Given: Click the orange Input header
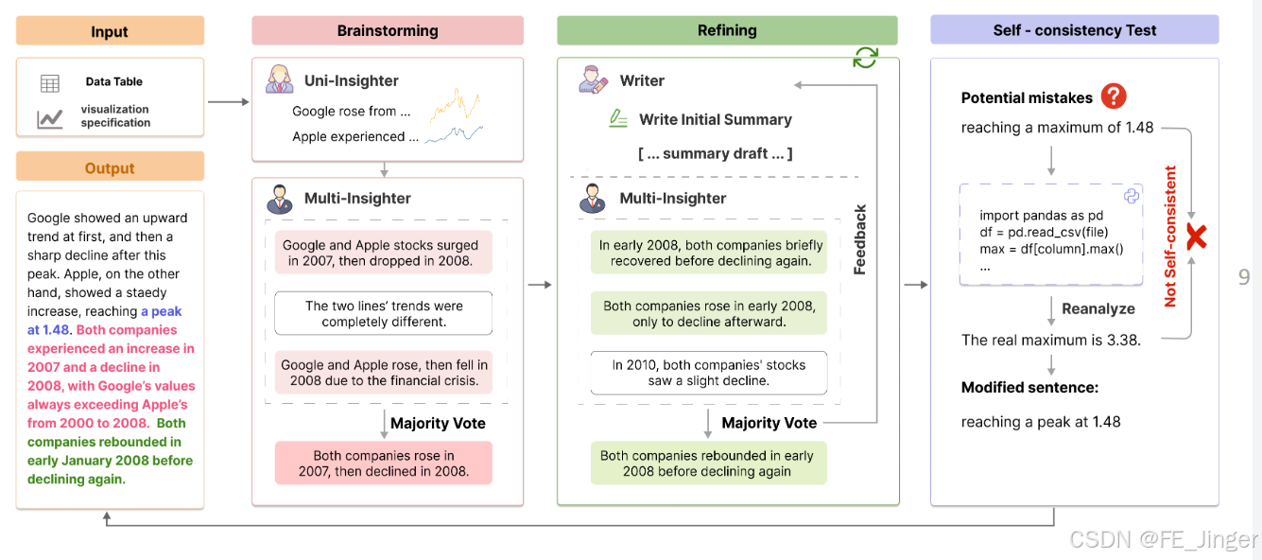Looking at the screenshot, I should [110, 31].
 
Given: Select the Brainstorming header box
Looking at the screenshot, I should [388, 30].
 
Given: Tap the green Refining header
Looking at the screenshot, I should [726, 30].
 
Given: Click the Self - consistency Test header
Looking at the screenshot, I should [1074, 30].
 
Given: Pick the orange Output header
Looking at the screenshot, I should [110, 167].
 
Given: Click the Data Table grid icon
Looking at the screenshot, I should [50, 83].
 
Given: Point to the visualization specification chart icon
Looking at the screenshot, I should [50, 118].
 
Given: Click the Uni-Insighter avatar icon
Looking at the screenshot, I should [279, 80].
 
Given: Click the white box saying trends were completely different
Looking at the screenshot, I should [383, 313].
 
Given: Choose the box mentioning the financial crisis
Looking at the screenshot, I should [383, 373].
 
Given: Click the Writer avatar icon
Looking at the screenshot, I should [594, 80].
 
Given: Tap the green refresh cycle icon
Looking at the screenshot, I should [865, 58].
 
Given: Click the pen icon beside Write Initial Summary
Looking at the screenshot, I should [618, 119].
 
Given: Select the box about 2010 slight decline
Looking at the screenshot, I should [708, 373].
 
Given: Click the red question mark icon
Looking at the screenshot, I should [1115, 96].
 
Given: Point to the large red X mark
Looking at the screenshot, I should [1196, 236].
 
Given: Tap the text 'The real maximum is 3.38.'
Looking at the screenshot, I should [1050, 340].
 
